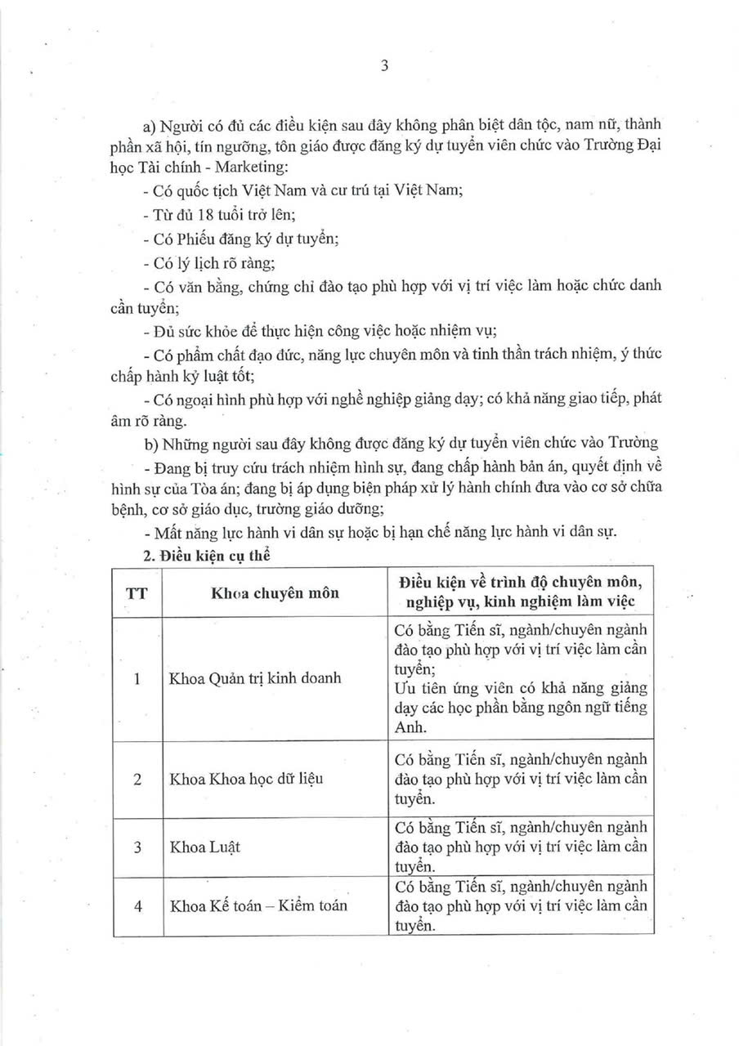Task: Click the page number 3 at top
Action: pyautogui.click(x=383, y=68)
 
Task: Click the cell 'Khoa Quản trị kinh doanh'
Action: pyautogui.click(x=254, y=678)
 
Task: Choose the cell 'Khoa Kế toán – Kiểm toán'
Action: pyautogui.click(x=258, y=905)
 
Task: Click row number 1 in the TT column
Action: pyautogui.click(x=137, y=678)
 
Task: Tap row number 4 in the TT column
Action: pyautogui.click(x=137, y=905)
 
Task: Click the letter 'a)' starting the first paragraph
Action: pyautogui.click(x=149, y=125)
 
